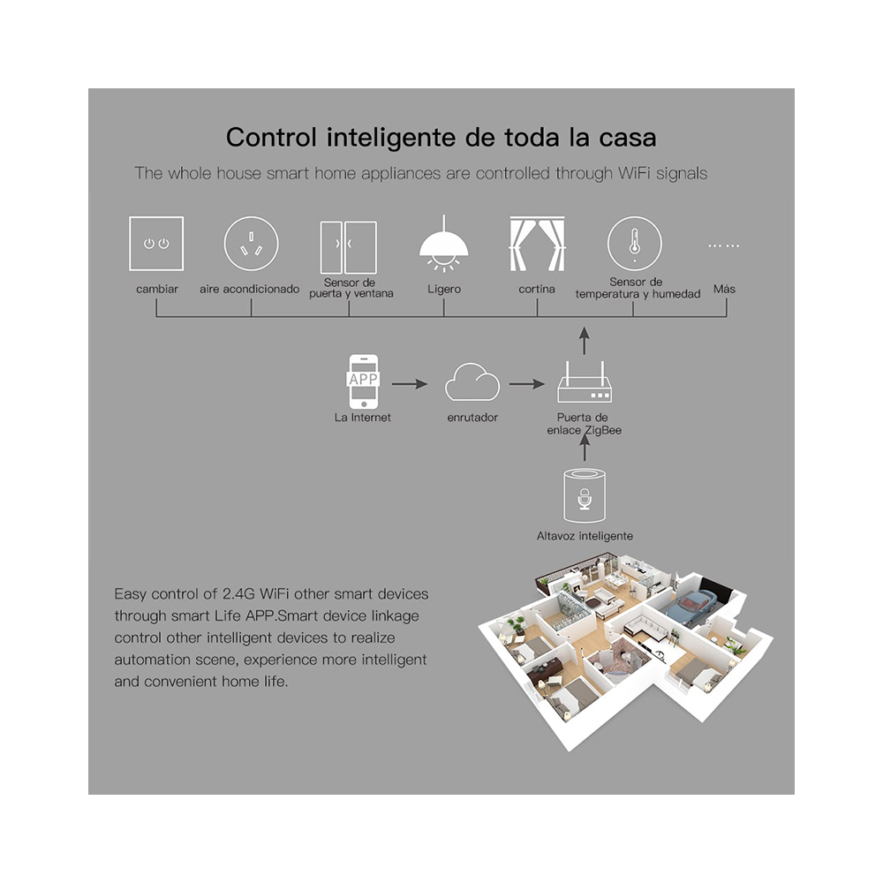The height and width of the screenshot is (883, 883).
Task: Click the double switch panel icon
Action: click(156, 244)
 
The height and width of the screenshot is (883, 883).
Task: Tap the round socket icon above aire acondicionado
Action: click(251, 244)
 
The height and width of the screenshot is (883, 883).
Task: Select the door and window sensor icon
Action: click(348, 247)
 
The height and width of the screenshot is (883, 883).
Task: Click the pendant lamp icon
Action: click(443, 244)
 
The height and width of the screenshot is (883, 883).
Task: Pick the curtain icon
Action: click(537, 245)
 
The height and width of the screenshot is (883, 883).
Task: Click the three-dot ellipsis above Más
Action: click(724, 245)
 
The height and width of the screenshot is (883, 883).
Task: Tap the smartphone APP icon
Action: click(363, 381)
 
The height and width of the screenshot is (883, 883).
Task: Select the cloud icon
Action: click(472, 384)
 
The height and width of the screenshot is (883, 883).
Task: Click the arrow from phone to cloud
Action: click(410, 384)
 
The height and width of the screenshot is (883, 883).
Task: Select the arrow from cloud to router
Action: click(527, 384)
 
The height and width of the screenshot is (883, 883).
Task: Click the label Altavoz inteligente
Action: click(585, 536)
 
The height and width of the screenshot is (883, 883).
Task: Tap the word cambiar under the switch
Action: click(157, 289)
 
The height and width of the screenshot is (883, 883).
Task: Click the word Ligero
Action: click(443, 289)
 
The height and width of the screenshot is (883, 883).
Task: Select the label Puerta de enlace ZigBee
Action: click(584, 423)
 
